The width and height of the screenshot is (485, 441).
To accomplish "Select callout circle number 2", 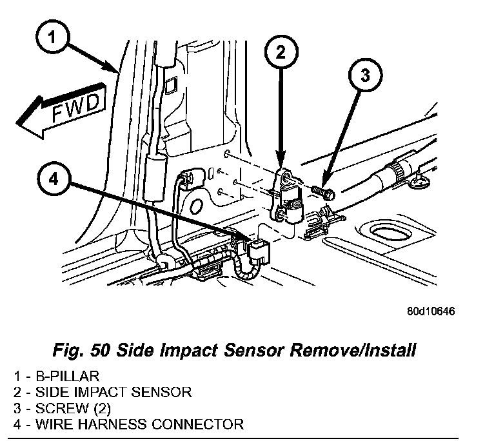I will (279, 52).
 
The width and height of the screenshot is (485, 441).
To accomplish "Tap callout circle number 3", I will (364, 76).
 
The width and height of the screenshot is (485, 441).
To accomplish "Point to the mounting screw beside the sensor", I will (322, 191).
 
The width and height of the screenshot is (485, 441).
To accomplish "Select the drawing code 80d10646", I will (431, 311).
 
